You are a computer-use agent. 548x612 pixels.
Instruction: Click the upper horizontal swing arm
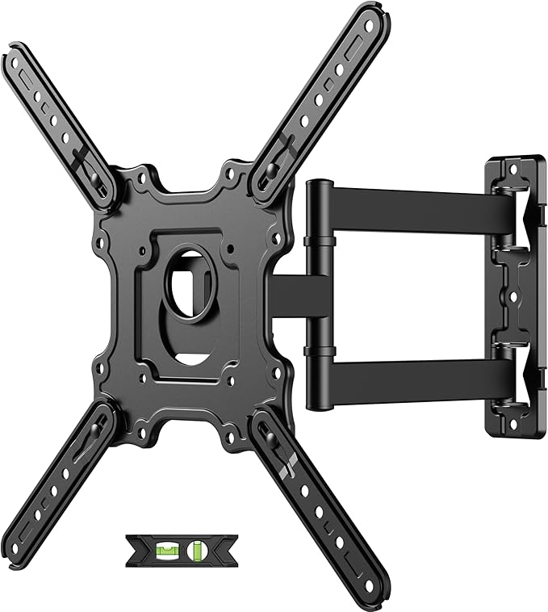412,205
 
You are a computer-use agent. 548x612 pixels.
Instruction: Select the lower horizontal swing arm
412,376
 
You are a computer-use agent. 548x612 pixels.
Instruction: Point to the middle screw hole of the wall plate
510,295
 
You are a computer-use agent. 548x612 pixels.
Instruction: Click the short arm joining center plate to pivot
287,294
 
